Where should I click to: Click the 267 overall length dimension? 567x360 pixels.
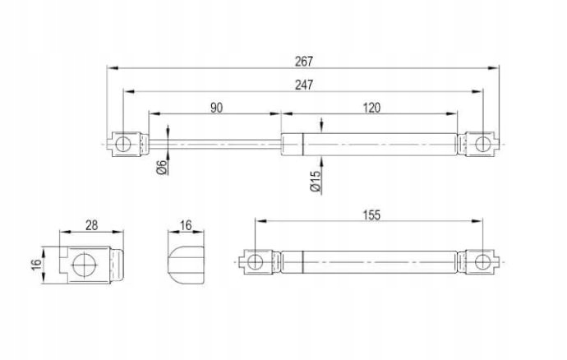tap(303, 62)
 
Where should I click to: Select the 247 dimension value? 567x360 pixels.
tap(303, 85)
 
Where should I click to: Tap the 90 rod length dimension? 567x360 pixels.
tap(216, 108)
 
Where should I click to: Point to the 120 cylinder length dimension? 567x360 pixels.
tap(372, 108)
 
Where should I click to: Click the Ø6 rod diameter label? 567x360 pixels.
tap(163, 167)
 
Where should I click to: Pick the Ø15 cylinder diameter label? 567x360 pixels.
tap(316, 181)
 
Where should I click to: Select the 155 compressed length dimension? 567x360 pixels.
tap(371, 215)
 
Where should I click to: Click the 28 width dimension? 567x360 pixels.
tap(91, 225)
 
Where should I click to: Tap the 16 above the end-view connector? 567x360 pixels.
tap(186, 225)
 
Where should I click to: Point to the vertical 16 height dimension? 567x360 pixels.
tap(36, 265)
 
